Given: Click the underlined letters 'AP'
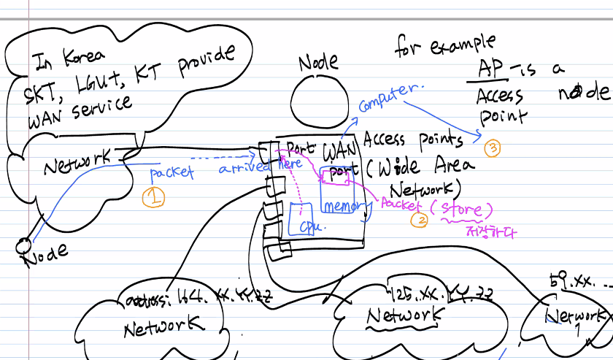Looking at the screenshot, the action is (x=487, y=69).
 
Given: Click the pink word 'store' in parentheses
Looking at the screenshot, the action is (x=456, y=210).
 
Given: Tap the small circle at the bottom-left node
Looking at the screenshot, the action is (x=24, y=243).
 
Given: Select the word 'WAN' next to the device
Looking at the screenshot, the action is (x=339, y=152).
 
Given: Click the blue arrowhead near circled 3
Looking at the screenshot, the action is (x=478, y=135).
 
